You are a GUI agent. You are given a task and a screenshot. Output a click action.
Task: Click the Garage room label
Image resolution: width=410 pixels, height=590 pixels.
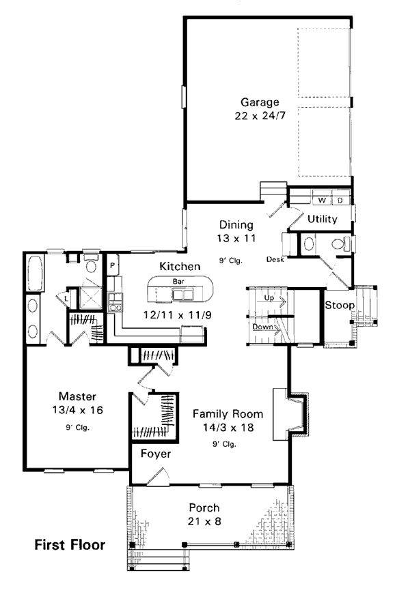(260, 102)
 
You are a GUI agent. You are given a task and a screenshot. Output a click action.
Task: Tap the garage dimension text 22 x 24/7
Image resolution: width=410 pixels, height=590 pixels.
(260, 115)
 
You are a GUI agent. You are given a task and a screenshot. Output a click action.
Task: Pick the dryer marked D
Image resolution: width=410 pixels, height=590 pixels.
(340, 200)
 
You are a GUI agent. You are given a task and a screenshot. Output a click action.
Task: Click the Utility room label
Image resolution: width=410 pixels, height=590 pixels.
(323, 219)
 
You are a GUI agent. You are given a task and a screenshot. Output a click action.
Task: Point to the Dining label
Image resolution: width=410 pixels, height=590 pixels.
(236, 224)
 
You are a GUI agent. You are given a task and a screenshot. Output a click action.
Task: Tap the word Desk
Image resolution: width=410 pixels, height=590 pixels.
(275, 259)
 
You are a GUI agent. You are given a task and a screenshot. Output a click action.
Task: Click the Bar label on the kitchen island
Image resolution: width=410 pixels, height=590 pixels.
(178, 281)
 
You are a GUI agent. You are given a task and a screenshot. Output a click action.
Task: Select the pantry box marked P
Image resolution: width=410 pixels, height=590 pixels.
(113, 265)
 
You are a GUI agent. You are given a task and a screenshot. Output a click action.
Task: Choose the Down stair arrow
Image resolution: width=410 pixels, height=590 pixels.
(266, 327)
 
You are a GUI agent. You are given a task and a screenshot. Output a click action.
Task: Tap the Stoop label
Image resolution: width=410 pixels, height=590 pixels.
(340, 305)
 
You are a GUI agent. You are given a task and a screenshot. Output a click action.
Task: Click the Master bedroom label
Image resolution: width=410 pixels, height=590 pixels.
(77, 396)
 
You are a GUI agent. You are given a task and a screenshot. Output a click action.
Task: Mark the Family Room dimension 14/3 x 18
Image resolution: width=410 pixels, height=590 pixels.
(228, 428)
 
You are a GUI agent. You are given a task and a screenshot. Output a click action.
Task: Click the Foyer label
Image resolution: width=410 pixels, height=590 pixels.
(156, 454)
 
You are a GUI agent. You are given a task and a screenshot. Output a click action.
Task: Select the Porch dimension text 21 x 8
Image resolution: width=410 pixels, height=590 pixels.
(204, 522)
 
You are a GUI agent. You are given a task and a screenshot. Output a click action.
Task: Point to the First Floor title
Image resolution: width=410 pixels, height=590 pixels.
(70, 545)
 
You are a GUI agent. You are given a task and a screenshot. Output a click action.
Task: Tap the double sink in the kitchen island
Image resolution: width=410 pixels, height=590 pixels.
(182, 294)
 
